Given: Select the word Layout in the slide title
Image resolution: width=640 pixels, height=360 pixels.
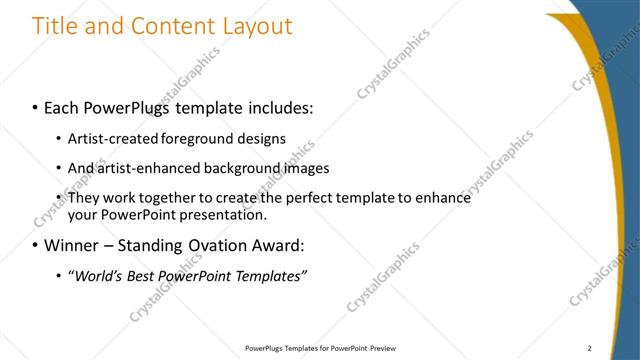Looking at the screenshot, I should pyautogui.click(x=254, y=26).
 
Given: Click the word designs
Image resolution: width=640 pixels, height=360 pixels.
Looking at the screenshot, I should pyautogui.click(x=264, y=138).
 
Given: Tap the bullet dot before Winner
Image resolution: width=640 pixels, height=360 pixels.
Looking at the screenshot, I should pyautogui.click(x=35, y=245).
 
